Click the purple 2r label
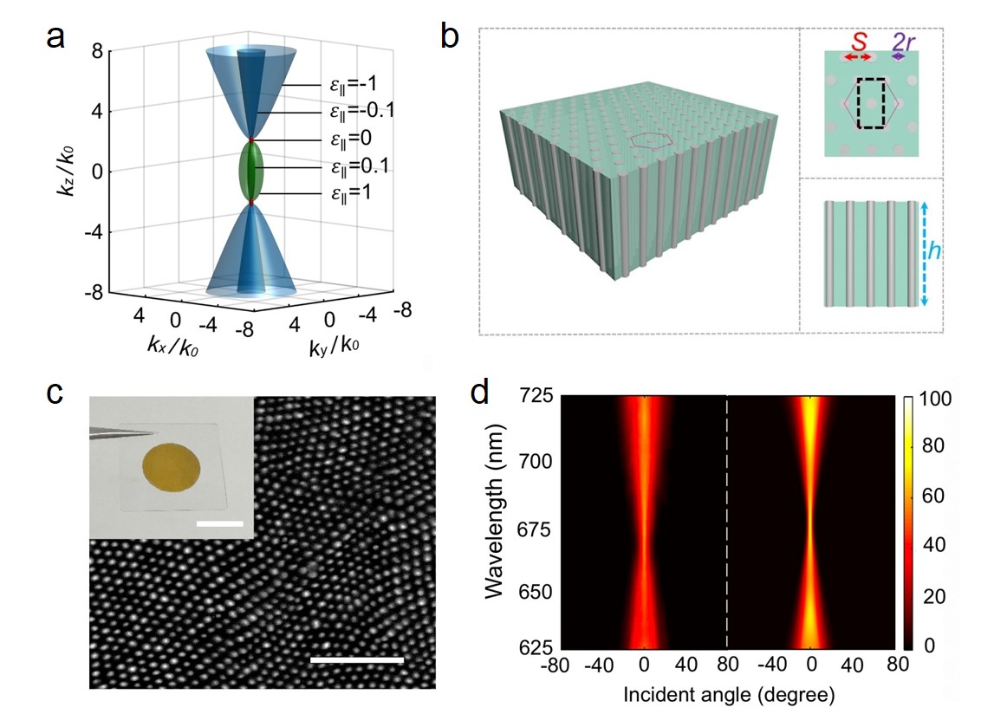[904, 41]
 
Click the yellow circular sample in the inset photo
[170, 470]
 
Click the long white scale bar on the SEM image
[357, 660]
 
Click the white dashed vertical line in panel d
[726, 520]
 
